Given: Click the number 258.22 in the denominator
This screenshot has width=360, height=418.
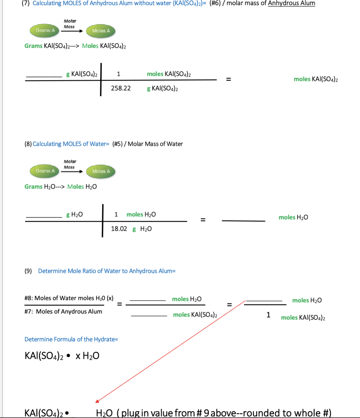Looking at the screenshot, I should click(121, 88).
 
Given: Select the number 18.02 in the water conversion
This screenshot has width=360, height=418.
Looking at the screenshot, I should click(119, 229).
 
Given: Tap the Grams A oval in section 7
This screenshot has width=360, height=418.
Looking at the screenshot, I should click(45, 31).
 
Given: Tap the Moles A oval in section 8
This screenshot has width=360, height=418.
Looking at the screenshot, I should click(101, 171).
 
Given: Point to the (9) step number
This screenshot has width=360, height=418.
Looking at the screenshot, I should click(28, 271).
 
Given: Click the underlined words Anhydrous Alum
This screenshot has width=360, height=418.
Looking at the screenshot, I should click(291, 3).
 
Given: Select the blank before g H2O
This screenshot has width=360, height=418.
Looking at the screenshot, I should click(44, 217).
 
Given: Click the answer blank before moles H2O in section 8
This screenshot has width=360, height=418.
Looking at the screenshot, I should click(243, 220).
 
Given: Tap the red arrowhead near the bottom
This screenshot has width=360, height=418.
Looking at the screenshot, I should click(97, 401).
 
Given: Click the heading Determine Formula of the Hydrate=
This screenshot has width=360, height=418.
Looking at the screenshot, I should click(71, 339).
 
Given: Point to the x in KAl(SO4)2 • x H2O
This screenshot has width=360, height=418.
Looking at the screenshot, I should click(78, 356).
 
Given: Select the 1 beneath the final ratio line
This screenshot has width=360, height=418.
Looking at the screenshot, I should click(268, 315).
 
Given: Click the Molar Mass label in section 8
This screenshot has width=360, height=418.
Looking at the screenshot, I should click(70, 164).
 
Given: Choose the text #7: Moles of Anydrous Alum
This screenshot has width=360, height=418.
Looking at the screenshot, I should click(63, 311).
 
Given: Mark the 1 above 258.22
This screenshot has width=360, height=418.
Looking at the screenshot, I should click(118, 74).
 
